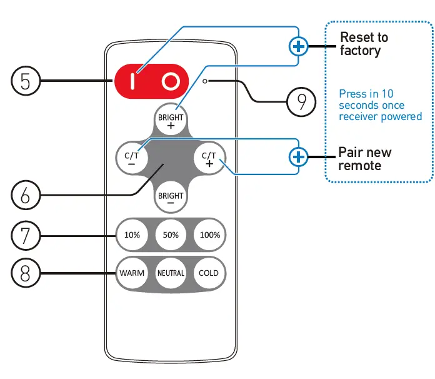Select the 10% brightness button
coord(132,235)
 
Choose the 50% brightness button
coord(171,235)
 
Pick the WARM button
coord(132,273)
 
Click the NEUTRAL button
coord(171,273)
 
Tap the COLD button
coord(209,273)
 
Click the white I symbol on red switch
coord(132,81)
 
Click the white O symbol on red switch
coord(171,81)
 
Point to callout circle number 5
coord(26,81)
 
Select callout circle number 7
coord(26,235)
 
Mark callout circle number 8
coord(26,273)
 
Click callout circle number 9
coord(302,101)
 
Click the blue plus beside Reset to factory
coord(299,46)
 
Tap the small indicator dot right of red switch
coord(205,81)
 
